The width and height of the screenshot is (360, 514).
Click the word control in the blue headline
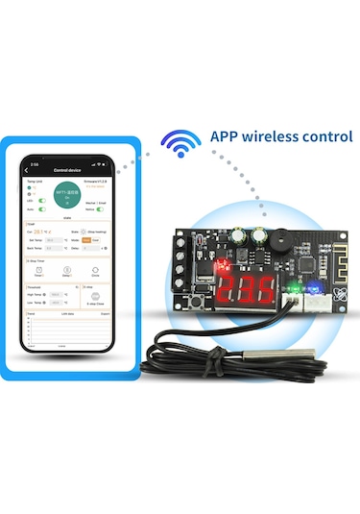tap(328, 136)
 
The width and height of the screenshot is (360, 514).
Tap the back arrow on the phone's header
tap(27, 170)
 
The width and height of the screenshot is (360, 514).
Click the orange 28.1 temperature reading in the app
tap(41, 232)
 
